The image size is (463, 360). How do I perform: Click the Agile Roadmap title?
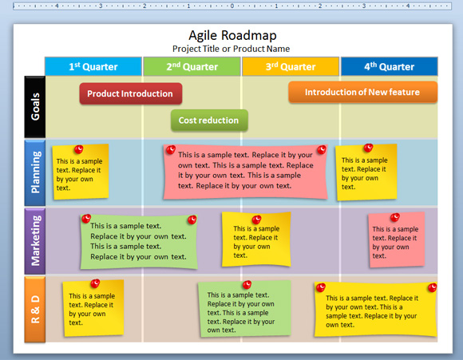(x=232, y=35)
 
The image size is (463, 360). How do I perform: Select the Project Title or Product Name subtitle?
(x=231, y=49)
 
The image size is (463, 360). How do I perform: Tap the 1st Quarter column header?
(x=93, y=66)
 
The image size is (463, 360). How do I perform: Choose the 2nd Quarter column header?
(x=192, y=66)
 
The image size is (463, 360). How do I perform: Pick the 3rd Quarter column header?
(x=291, y=66)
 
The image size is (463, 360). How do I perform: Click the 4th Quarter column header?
(x=390, y=66)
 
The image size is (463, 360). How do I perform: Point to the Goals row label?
(x=35, y=107)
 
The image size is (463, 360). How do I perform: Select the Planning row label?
(x=35, y=172)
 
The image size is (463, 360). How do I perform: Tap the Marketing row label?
(x=35, y=241)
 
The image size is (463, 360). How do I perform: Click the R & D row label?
(x=35, y=309)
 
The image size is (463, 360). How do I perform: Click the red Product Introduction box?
(x=130, y=93)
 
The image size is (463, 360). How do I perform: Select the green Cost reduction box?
(x=209, y=121)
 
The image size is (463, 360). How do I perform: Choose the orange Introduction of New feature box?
(x=362, y=92)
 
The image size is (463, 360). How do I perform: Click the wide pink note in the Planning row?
(x=245, y=172)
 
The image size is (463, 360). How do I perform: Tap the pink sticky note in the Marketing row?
(x=397, y=239)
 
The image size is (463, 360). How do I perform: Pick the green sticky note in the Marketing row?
(x=139, y=242)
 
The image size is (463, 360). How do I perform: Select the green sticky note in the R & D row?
(x=244, y=309)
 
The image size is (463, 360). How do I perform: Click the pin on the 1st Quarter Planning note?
(x=78, y=149)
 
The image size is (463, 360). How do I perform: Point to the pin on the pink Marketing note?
(x=395, y=217)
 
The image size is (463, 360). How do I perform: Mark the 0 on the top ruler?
(x=232, y=6)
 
